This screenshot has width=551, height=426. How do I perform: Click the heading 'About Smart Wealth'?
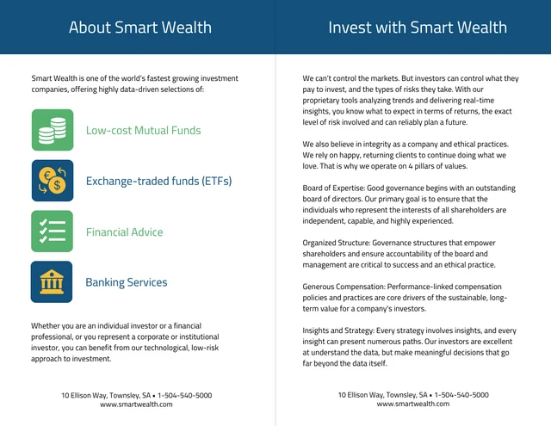(x=139, y=28)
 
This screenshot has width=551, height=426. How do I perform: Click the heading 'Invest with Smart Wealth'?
(x=418, y=28)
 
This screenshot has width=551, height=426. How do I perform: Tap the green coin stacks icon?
(x=53, y=130)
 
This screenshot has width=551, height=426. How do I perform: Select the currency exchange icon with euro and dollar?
(x=53, y=181)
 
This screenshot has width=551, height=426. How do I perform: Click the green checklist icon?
(x=53, y=232)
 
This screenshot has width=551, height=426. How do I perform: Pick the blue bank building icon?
(x=53, y=282)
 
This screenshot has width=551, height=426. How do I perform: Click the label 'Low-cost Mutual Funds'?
(x=143, y=131)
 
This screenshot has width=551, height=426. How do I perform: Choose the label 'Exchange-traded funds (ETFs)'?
(x=158, y=182)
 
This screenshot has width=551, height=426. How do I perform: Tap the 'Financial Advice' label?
(x=124, y=232)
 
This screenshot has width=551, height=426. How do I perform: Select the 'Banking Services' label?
(x=127, y=282)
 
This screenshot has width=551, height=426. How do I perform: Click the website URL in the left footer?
(x=136, y=404)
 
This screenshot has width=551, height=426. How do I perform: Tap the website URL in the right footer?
(x=413, y=404)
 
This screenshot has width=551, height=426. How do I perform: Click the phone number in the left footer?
(x=184, y=395)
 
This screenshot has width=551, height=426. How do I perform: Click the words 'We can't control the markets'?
(x=351, y=78)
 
